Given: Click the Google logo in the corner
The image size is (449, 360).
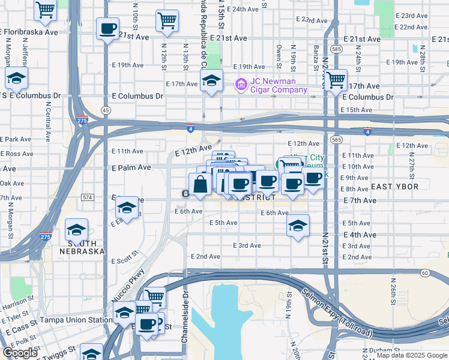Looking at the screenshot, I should click(19, 353).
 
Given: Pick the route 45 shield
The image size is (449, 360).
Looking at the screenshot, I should click(106, 110).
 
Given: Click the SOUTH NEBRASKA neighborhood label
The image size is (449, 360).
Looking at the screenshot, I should click(86, 251).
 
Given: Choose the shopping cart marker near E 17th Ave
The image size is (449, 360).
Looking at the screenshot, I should click(335, 79).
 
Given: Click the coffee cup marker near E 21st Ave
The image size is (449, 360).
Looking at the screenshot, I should click(107, 28).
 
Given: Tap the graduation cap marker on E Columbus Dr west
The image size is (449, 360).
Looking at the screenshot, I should click(16, 77).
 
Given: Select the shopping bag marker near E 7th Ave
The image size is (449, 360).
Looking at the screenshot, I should click(200, 184).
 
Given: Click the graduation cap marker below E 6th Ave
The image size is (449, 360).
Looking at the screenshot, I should click(298, 226).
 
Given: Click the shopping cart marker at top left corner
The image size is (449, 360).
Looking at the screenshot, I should click(45, 9).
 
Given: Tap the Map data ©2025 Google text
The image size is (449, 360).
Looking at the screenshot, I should click(412, 355).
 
